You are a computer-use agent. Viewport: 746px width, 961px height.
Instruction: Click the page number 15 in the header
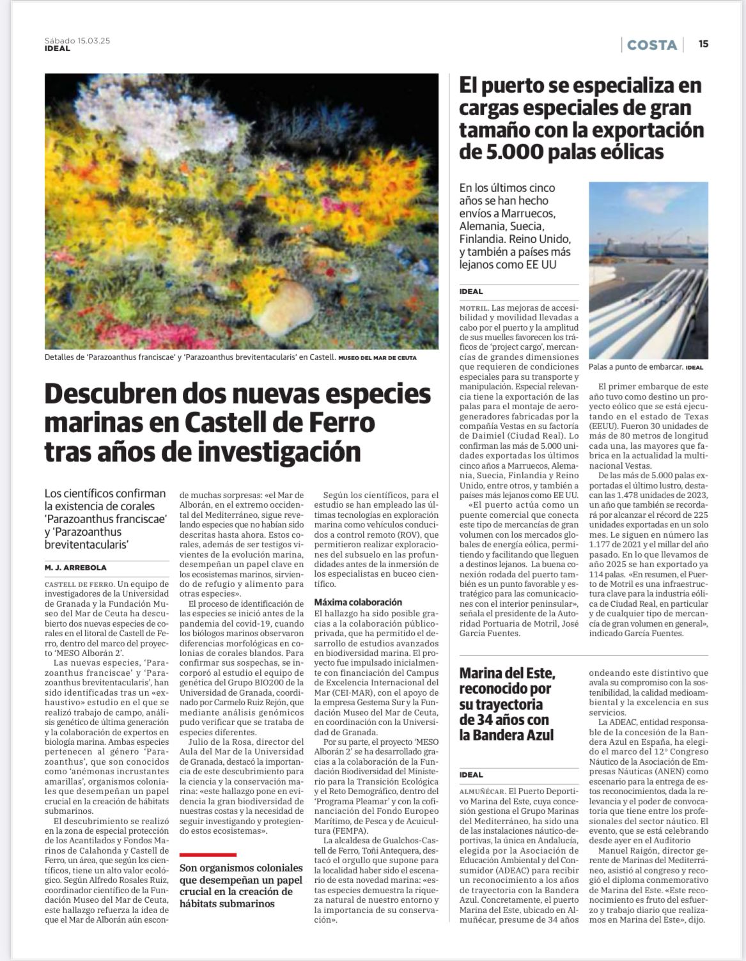pos(703,44)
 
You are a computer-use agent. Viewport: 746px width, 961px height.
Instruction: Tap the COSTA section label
pos(652,45)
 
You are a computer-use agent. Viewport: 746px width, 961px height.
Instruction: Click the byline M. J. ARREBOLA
pos(76,567)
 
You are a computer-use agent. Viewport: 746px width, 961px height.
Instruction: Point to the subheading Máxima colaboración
pos(358,602)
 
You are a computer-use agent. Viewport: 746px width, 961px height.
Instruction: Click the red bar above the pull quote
pos(208,854)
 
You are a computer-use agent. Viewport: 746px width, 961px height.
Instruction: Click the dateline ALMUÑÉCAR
pos(483,790)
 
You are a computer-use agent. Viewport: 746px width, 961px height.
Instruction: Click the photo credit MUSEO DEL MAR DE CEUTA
pos(377,358)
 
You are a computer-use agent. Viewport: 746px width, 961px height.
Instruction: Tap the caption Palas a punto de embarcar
pos(636,367)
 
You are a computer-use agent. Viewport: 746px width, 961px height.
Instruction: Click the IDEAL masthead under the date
pos(58,48)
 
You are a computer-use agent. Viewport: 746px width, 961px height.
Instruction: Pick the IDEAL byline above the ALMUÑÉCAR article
pos(471,774)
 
